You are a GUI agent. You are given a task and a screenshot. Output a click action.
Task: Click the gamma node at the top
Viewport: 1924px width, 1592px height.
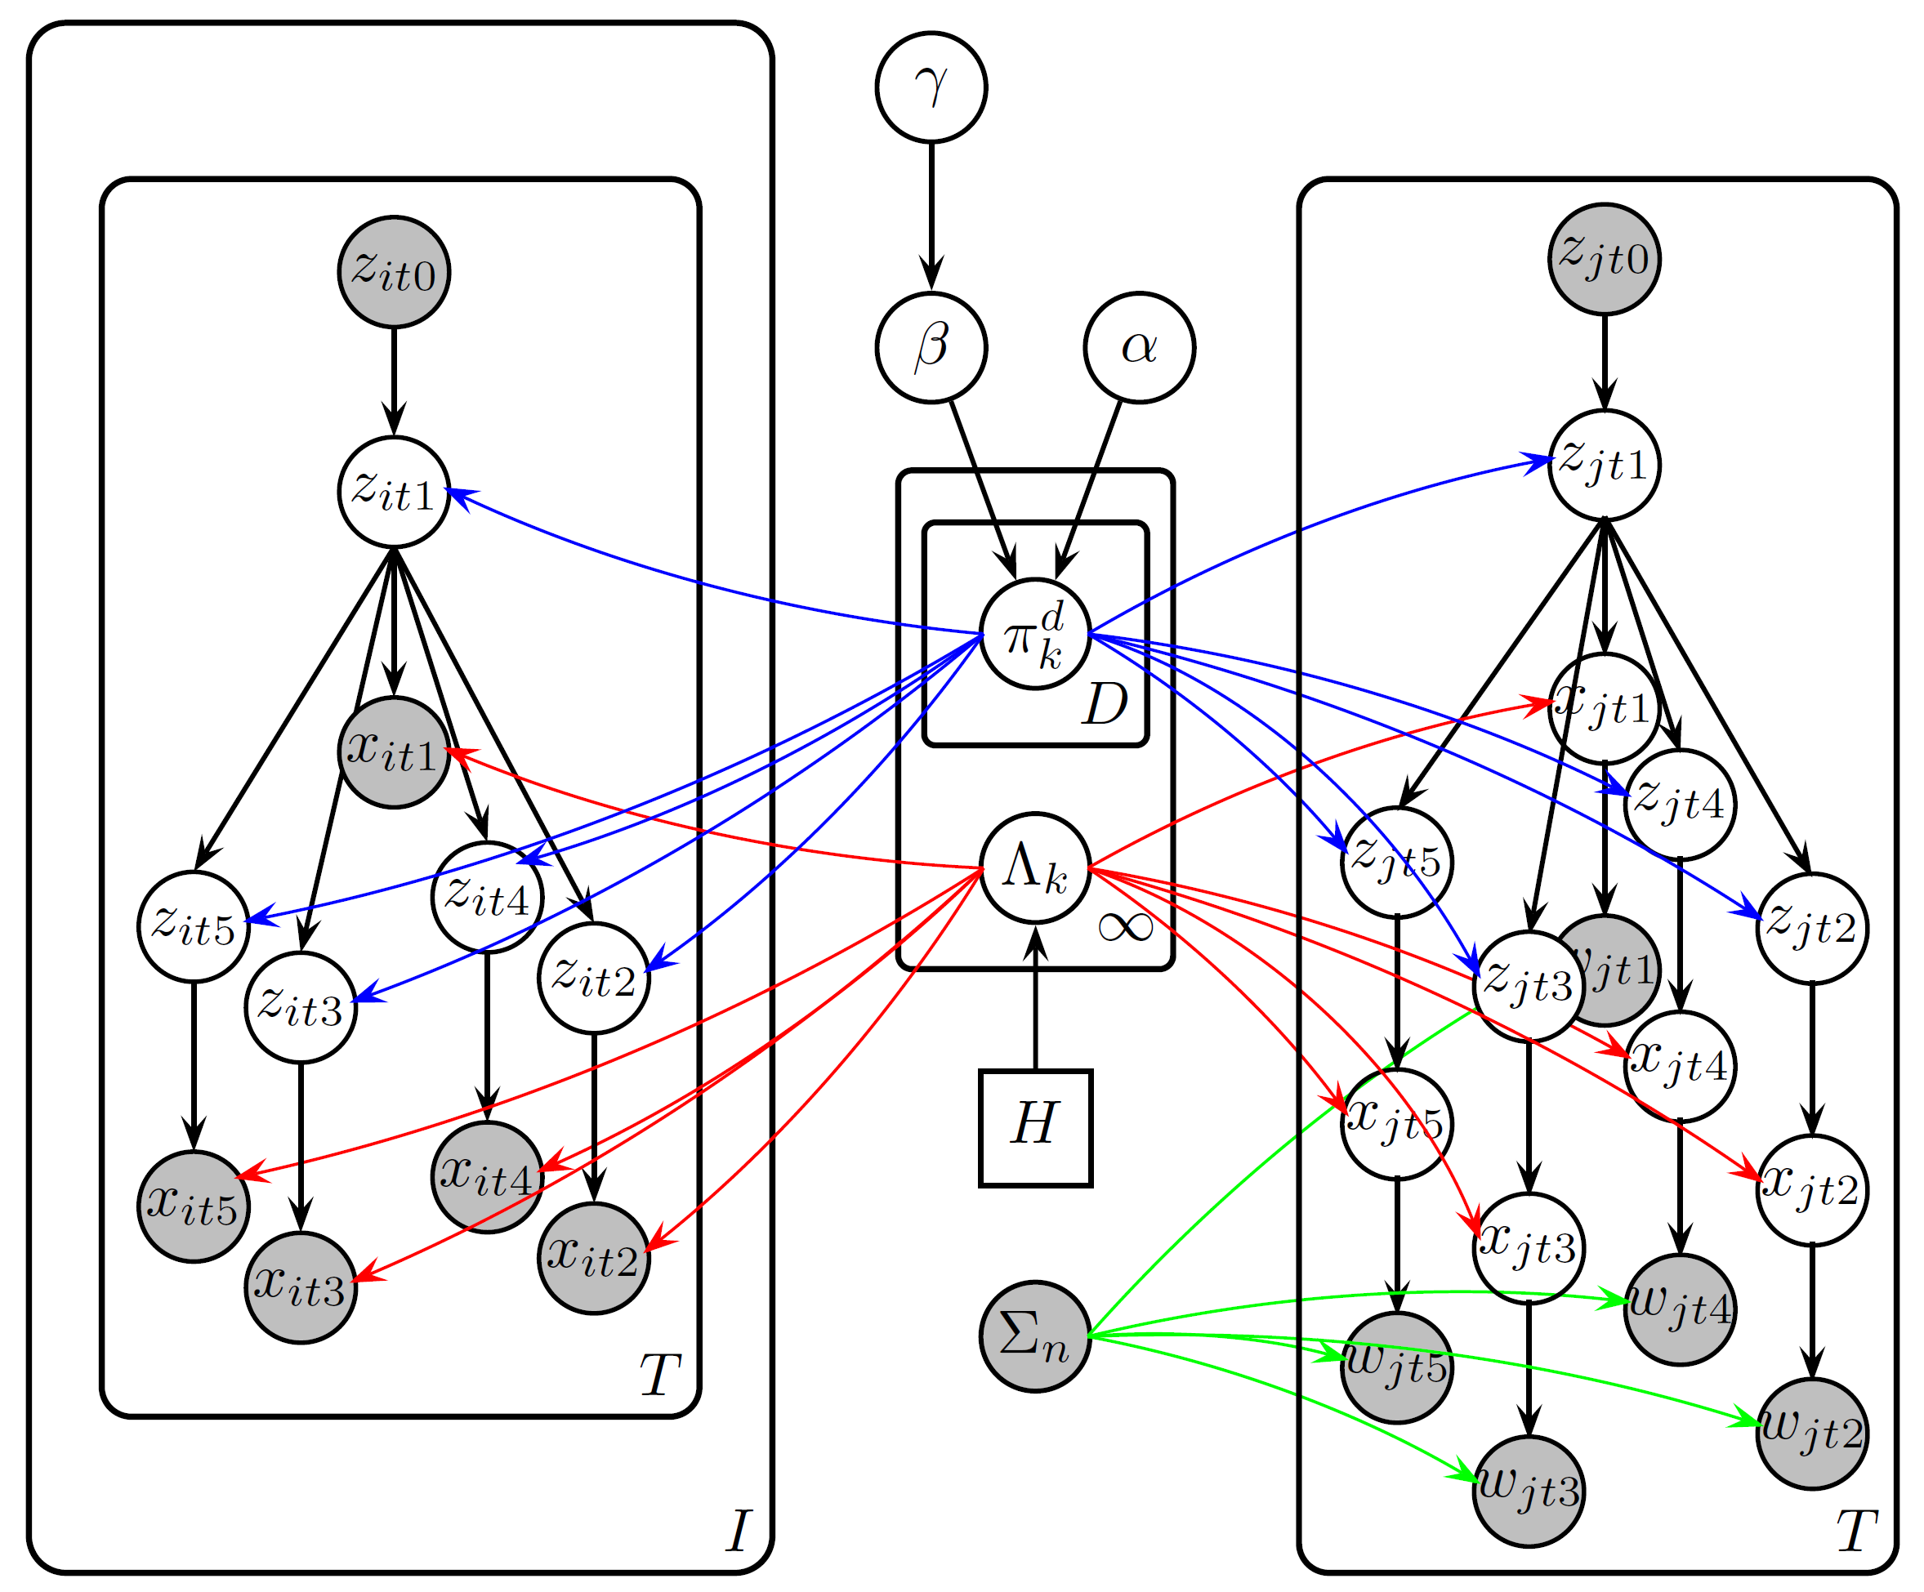[931, 88]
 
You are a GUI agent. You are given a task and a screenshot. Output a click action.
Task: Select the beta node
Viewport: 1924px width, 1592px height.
[931, 348]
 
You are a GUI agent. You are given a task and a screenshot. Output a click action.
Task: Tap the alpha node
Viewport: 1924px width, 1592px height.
[1139, 348]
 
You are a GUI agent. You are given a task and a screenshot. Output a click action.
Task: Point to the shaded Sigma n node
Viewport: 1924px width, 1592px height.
[1035, 1336]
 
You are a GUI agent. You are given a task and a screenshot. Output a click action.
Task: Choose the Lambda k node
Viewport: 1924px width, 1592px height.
[1035, 867]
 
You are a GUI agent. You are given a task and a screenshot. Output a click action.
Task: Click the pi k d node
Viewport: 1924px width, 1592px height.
[1035, 634]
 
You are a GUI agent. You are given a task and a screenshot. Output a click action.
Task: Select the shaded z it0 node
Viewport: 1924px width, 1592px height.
[394, 272]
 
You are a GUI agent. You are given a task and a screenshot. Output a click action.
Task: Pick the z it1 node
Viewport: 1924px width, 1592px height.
[394, 492]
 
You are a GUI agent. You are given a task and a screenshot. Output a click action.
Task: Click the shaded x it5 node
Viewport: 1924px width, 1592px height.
[194, 1206]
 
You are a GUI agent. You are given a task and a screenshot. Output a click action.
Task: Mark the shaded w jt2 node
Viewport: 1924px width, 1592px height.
[1812, 1434]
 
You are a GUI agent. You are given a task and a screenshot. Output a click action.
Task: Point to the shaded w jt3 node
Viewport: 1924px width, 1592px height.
[1529, 1492]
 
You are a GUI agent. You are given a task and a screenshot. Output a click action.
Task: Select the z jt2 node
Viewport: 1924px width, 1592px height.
[1812, 928]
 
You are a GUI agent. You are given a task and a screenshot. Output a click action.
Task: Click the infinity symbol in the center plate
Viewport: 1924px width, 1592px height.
[1125, 928]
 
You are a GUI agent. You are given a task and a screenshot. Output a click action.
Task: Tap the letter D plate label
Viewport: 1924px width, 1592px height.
[1105, 704]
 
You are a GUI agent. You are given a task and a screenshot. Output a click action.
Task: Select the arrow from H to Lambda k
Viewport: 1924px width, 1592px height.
[1035, 998]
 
